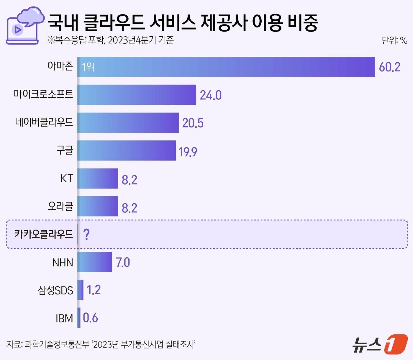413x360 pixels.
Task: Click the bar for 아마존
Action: pos(226,67)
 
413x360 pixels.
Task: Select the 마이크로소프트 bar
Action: pos(137,95)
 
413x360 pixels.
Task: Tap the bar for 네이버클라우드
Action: pos(128,122)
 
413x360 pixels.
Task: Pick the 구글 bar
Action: pos(127,150)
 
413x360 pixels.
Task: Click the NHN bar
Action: pos(95,262)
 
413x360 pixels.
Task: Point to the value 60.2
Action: pos(389,67)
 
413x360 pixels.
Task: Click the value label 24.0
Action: pos(211,95)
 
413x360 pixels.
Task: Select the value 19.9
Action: pos(188,152)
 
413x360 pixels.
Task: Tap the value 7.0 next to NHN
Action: pos(123,262)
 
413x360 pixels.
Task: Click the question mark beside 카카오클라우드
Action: pos(86,234)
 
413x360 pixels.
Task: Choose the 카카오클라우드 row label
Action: pos(44,234)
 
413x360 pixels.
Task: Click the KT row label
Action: pos(66,179)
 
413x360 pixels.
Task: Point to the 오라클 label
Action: pos(60,206)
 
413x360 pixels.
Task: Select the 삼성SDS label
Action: pos(55,290)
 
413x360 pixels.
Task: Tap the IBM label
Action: pos(64,318)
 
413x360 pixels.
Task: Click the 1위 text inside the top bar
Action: pos(88,67)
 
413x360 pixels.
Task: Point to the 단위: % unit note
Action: pos(394,40)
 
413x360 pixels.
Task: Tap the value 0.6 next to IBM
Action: pos(90,318)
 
